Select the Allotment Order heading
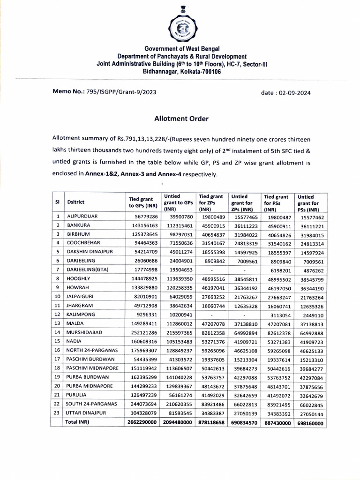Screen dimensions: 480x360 (181, 119)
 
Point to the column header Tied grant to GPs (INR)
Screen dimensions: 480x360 (143, 202)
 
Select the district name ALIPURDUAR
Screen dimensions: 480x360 (82, 217)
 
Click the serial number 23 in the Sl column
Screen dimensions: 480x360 (57, 413)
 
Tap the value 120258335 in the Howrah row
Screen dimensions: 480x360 (176, 288)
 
